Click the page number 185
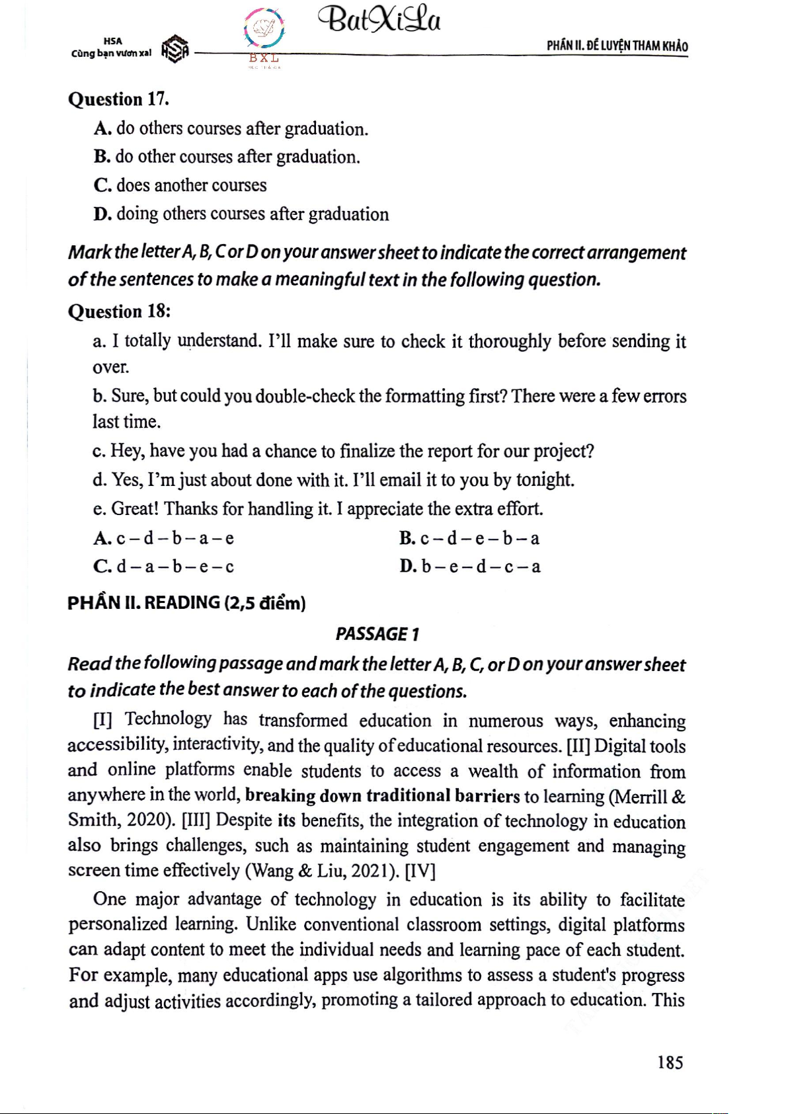point(670,1062)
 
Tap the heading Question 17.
point(118,99)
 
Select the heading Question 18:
point(119,311)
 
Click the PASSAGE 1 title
point(377,634)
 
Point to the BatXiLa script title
point(379,20)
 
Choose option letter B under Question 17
point(102,157)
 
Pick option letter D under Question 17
point(102,214)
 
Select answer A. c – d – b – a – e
point(164,538)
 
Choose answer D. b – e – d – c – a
point(469,567)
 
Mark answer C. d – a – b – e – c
point(164,567)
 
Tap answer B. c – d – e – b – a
point(469,538)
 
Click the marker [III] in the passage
point(196,820)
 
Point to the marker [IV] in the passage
point(420,871)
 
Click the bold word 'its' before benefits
point(286,820)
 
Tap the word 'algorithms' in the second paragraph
point(422,975)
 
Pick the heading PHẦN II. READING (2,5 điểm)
point(186,603)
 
